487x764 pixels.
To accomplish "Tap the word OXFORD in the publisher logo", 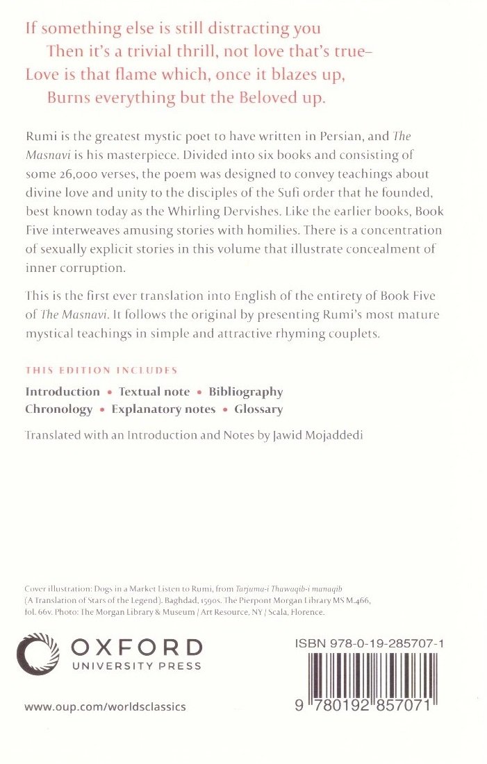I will pyautogui.click(x=136, y=647).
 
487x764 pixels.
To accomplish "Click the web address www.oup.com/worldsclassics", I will pyautogui.click(x=105, y=706).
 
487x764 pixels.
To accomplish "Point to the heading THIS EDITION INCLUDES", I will pyautogui.click(x=101, y=371).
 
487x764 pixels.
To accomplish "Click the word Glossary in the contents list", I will pyautogui.click(x=258, y=409).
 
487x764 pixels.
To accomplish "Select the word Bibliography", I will pyautogui.click(x=246, y=392).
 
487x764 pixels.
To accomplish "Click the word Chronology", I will pyautogui.click(x=59, y=409).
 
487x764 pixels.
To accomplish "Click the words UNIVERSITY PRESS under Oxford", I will pyautogui.click(x=136, y=666).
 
